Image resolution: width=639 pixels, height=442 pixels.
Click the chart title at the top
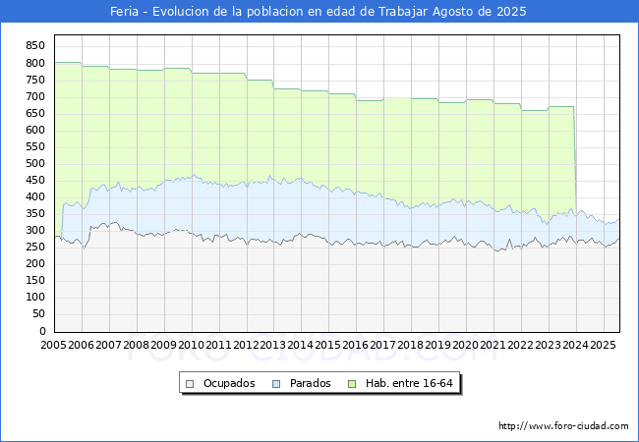pyautogui.click(x=319, y=12)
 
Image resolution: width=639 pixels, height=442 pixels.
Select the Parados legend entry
pyautogui.click(x=311, y=383)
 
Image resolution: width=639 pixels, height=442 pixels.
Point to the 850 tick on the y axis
pyautogui.click(x=35, y=46)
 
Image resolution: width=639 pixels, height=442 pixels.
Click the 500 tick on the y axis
pyautogui.click(x=35, y=164)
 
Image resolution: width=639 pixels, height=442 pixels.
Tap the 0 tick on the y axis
pyautogui.click(x=42, y=332)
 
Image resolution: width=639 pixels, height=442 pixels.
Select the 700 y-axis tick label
pyautogui.click(x=35, y=96)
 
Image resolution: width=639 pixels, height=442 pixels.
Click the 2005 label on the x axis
pyautogui.click(x=53, y=346)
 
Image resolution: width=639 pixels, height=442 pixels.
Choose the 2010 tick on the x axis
pyautogui.click(x=191, y=346)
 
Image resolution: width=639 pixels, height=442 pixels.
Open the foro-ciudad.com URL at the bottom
pyautogui.click(x=563, y=426)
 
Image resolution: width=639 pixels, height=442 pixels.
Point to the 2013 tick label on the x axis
pyautogui.click(x=273, y=346)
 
